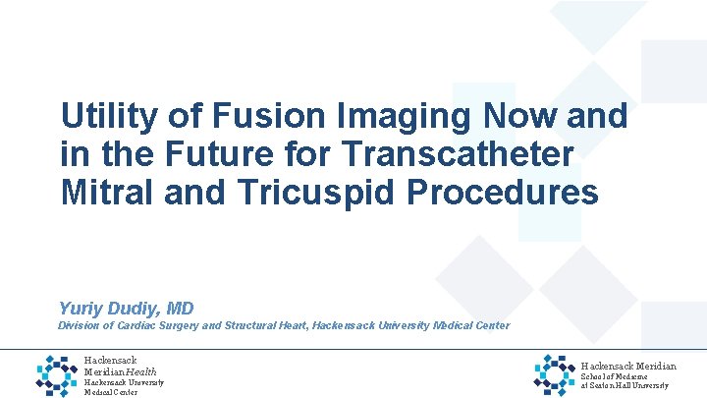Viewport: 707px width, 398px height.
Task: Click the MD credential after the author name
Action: pyautogui.click(x=180, y=309)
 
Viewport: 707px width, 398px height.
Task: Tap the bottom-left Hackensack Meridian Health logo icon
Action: pyautogui.click(x=56, y=375)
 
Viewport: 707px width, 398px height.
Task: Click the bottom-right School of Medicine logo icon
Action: pyautogui.click(x=556, y=374)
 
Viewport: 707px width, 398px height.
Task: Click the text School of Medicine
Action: pyautogui.click(x=616, y=376)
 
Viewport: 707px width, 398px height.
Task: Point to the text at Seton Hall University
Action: pyautogui.click(x=625, y=385)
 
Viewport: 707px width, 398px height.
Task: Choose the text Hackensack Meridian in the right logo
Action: pyautogui.click(x=628, y=366)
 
